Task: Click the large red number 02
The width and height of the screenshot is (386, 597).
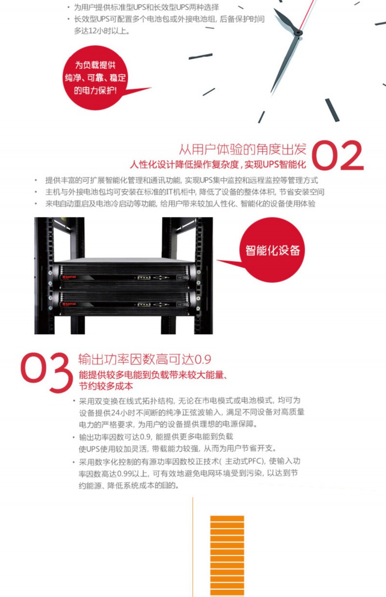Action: pyautogui.click(x=337, y=155)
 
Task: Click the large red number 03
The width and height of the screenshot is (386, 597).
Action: pyautogui.click(x=47, y=373)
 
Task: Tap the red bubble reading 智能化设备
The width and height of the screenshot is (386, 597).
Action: pyautogui.click(x=272, y=250)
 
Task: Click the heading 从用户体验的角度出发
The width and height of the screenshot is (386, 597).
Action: pyautogui.click(x=243, y=149)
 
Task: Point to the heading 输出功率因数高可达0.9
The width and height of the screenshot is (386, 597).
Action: pyautogui.click(x=145, y=359)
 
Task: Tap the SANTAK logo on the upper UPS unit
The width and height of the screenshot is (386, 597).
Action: pyautogui.click(x=69, y=277)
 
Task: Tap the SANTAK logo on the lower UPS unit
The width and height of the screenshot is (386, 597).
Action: pyautogui.click(x=69, y=304)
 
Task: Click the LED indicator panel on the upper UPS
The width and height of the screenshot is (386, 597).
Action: pyautogui.click(x=144, y=278)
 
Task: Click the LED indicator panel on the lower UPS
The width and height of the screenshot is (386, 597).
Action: pyautogui.click(x=144, y=305)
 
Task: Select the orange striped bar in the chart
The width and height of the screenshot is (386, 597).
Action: pyautogui.click(x=227, y=556)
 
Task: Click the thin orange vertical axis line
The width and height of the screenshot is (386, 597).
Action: pyautogui.click(x=193, y=547)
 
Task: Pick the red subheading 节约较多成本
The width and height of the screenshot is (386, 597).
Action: pyautogui.click(x=106, y=386)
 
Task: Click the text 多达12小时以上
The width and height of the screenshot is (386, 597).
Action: pyautogui.click(x=102, y=31)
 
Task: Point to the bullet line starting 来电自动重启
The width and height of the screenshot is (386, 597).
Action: pyautogui.click(x=180, y=204)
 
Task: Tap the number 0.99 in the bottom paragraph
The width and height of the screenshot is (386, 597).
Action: pyautogui.click(x=124, y=474)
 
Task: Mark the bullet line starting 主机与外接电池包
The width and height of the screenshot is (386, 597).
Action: pyautogui.click(x=185, y=192)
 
